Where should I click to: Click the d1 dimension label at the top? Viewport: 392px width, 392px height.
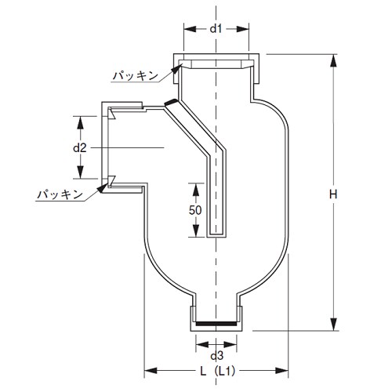pos(217,29)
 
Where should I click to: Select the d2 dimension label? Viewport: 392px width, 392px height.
pos(79,147)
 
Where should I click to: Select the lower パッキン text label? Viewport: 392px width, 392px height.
pos(63,192)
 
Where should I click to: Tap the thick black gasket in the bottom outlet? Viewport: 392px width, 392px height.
pos(217,322)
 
